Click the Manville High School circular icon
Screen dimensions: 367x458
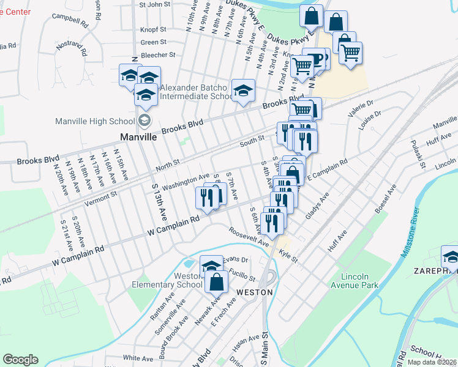(145, 120)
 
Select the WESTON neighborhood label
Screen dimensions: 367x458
(254, 292)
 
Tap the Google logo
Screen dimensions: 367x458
(21, 360)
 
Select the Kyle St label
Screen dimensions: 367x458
(288, 256)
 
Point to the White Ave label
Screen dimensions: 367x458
(138, 358)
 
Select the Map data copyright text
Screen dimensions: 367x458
(432, 362)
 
